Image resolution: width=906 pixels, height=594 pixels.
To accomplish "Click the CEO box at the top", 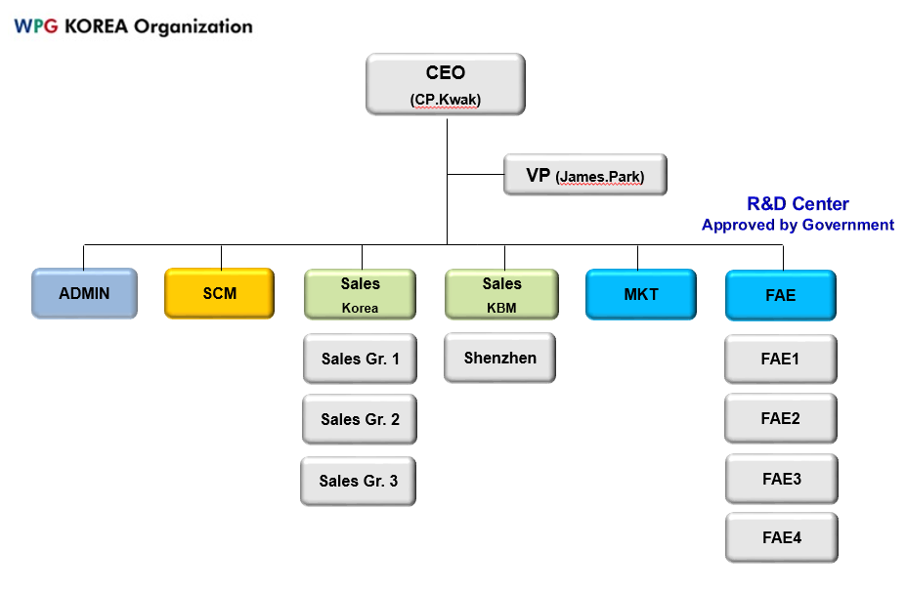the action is pyautogui.click(x=446, y=84).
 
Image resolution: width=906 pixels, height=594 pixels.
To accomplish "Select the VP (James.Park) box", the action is pyautogui.click(x=585, y=175).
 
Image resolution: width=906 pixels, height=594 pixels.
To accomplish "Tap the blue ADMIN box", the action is pyautogui.click(x=84, y=293).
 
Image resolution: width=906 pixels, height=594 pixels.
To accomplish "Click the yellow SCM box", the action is pyautogui.click(x=220, y=293).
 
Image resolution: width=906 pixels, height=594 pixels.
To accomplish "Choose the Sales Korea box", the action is pyautogui.click(x=360, y=294).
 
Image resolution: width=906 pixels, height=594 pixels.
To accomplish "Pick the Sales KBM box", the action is pyautogui.click(x=501, y=294).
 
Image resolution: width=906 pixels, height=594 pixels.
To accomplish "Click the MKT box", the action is pyautogui.click(x=641, y=294).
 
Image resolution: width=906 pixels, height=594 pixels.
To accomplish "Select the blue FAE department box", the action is pyautogui.click(x=781, y=295).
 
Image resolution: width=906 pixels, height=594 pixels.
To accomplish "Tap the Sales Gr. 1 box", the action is pyautogui.click(x=360, y=359).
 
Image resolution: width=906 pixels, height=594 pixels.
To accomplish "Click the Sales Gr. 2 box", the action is pyautogui.click(x=360, y=419).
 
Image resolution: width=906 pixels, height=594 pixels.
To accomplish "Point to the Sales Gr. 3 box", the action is pyautogui.click(x=359, y=482).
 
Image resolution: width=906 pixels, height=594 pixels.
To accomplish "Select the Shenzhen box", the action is pyautogui.click(x=499, y=358).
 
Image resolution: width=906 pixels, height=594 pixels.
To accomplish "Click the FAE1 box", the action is pyautogui.click(x=781, y=360).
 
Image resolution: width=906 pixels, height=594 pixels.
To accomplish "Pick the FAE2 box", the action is pyautogui.click(x=781, y=418).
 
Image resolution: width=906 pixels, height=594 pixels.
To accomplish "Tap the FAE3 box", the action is pyautogui.click(x=782, y=479).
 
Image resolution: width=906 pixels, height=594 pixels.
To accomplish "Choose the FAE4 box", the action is pyautogui.click(x=782, y=538).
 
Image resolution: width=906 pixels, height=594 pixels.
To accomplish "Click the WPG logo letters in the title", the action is pyautogui.click(x=36, y=26).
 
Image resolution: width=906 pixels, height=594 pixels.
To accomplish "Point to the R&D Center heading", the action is pyautogui.click(x=798, y=204).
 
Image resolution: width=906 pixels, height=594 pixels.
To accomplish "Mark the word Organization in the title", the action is pyautogui.click(x=193, y=27).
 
